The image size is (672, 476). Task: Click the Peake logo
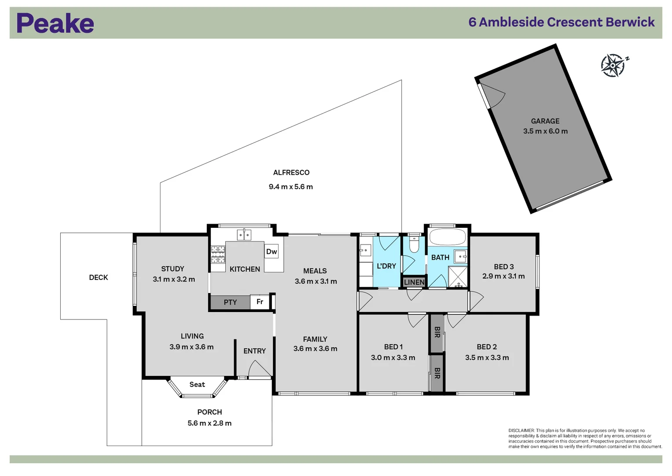55,23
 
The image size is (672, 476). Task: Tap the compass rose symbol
613,66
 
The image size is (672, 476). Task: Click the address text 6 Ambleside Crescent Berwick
561,22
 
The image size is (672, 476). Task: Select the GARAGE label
545,121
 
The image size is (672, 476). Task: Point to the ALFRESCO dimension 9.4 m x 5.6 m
290,187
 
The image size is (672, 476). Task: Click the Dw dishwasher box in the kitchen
272,252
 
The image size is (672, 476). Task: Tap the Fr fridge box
260,302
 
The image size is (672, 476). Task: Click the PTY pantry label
230,302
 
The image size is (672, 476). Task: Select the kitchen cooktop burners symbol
218,255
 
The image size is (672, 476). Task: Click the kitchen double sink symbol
244,235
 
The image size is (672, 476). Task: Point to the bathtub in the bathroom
447,237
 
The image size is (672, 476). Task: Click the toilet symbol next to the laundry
414,245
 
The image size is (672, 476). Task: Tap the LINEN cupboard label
414,283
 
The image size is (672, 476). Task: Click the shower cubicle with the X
458,277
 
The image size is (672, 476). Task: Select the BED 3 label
503,267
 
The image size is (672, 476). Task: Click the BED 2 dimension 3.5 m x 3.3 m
487,358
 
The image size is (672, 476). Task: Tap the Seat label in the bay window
197,385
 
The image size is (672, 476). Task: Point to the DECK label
98,278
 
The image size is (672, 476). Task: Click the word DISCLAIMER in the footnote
521,431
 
